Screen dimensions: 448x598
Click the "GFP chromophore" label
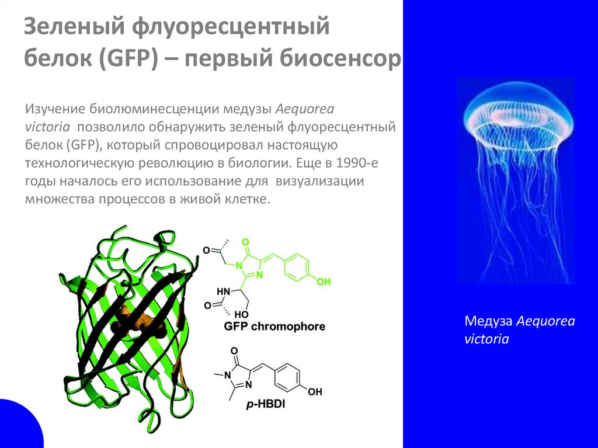click(x=274, y=327)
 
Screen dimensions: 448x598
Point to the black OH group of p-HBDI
click(x=315, y=392)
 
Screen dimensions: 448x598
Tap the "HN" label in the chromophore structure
click(x=224, y=291)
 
